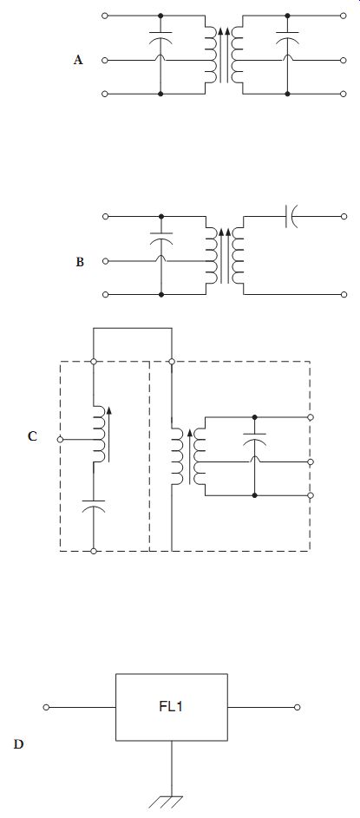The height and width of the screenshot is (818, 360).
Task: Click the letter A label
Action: [78, 60]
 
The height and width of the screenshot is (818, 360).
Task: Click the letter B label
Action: [80, 262]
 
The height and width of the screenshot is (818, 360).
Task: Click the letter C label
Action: [32, 436]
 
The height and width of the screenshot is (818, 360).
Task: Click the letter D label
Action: [18, 744]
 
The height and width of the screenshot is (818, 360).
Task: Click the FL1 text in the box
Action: [171, 707]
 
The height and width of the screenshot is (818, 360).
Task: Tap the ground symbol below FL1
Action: [172, 802]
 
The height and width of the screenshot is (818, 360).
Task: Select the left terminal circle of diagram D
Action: [46, 708]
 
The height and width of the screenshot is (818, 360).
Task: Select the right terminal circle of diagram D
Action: [297, 708]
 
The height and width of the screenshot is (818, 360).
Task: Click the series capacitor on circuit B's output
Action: [290, 216]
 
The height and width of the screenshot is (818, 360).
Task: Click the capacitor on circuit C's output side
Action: [255, 438]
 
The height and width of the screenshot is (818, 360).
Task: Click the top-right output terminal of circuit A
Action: [344, 16]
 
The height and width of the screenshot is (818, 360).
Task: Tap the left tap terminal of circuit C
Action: [60, 440]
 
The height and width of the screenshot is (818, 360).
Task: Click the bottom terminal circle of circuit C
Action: [94, 551]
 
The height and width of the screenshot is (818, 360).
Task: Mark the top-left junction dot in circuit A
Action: [160, 16]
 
